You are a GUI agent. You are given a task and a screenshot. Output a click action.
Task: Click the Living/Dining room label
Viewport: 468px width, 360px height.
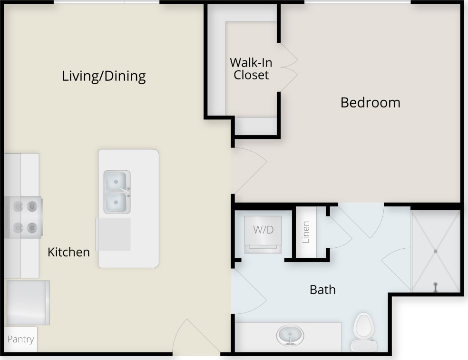pyautogui.click(x=104, y=76)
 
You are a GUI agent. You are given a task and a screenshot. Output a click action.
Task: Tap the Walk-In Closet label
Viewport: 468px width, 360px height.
pyautogui.click(x=251, y=68)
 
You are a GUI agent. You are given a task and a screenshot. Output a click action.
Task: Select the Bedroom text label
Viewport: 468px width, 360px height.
pyautogui.click(x=370, y=102)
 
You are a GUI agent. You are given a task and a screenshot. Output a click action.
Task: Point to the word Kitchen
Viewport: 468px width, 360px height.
pyautogui.click(x=68, y=252)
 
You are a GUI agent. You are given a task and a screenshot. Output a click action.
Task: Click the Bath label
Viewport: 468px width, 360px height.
pyautogui.click(x=322, y=289)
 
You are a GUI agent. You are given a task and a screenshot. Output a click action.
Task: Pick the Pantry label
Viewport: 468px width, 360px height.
pyautogui.click(x=20, y=339)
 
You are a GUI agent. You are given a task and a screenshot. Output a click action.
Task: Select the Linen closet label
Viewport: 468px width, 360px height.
pyautogui.click(x=306, y=233)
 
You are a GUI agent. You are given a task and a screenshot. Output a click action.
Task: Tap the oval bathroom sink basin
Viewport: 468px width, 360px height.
pyautogui.click(x=290, y=335)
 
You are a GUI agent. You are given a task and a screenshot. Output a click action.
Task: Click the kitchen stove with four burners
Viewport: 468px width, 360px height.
pyautogui.click(x=24, y=217)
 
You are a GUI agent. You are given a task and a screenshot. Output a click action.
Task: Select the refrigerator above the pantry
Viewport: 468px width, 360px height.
pyautogui.click(x=27, y=302)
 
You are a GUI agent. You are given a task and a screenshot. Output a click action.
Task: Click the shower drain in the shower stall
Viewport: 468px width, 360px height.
pyautogui.click(x=435, y=251)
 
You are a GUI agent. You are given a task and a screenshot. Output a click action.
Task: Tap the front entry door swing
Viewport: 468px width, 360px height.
pyautogui.click(x=193, y=339)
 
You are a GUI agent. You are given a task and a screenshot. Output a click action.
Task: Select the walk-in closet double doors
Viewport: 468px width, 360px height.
pyautogui.click(x=288, y=67)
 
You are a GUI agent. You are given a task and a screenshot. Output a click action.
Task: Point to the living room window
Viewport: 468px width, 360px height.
pyautogui.click(x=106, y=2)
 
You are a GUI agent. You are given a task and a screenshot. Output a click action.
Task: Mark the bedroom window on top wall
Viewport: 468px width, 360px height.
pyautogui.click(x=357, y=2)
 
